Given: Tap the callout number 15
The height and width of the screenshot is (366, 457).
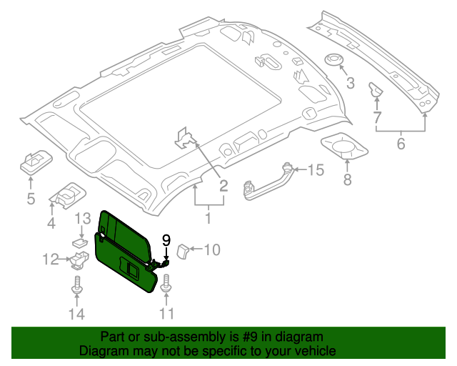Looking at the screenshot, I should pos(315,169).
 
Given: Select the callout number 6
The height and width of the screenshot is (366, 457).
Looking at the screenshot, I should pos(401,144).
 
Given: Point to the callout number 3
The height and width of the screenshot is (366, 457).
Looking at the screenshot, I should pos(350,84).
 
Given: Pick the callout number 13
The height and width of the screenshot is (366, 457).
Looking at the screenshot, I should pos(83,218).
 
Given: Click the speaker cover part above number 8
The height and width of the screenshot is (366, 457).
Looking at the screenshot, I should pos(346,148).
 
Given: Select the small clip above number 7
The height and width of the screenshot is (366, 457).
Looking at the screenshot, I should pos(376,90).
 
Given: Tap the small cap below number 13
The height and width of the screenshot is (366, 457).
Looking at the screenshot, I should pos(79,242).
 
